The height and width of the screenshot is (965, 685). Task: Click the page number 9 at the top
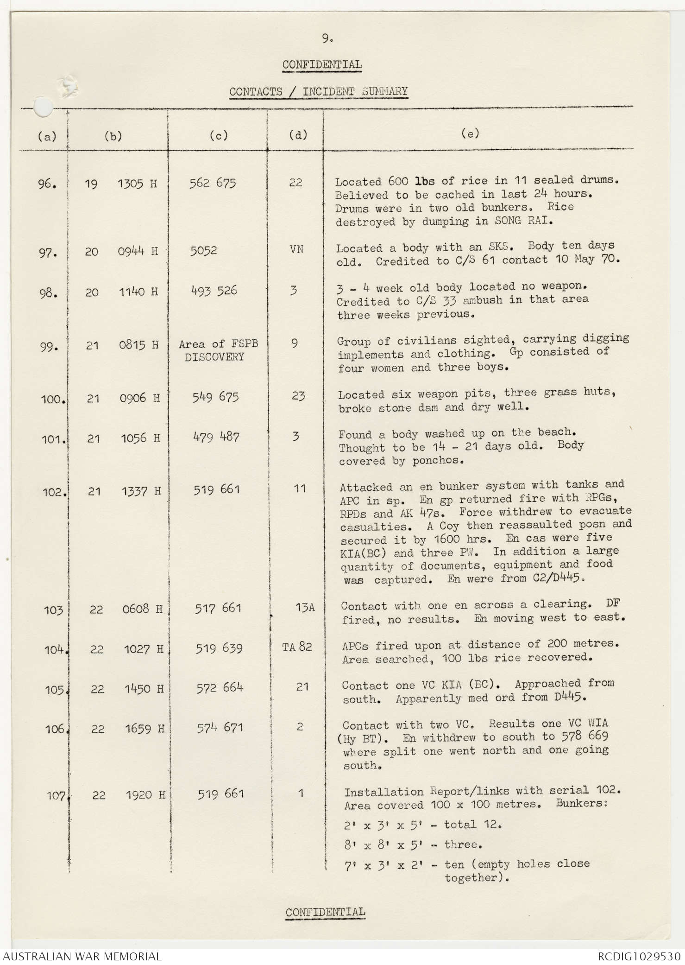(327, 40)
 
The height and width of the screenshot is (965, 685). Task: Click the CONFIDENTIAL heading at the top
(322, 64)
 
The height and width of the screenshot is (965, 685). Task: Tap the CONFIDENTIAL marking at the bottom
(325, 912)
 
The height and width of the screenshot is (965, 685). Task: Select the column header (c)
(219, 135)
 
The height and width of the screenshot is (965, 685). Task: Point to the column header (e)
(470, 134)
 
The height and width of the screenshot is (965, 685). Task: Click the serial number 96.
(47, 184)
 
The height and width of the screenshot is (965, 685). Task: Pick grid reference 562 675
(213, 183)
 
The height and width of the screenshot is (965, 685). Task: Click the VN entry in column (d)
(296, 249)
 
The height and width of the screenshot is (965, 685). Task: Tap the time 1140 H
(138, 292)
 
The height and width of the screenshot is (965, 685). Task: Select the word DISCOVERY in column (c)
(214, 357)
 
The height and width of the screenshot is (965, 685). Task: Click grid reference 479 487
(216, 437)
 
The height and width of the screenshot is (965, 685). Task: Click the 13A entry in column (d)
(305, 607)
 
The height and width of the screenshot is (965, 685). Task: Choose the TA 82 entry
(297, 647)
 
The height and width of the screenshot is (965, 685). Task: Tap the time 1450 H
(144, 689)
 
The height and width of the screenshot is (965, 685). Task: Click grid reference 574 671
(220, 728)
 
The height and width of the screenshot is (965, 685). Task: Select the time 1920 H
(145, 795)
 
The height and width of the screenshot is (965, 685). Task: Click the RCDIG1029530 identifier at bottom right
(639, 956)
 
